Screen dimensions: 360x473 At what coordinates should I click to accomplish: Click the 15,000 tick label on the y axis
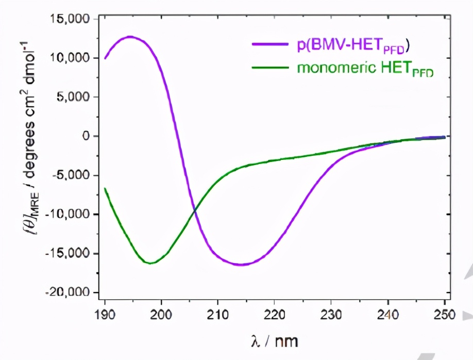70,19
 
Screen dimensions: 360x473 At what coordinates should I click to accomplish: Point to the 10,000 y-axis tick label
70,58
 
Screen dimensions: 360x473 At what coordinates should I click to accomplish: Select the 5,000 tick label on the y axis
73,97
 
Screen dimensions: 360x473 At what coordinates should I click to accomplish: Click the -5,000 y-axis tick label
71,175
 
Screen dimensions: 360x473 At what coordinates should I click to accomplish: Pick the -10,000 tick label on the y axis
69,215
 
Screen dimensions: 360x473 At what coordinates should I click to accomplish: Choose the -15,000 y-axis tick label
69,254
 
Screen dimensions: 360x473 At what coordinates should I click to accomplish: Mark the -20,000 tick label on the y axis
69,292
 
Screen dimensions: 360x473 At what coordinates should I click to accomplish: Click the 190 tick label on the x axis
105,314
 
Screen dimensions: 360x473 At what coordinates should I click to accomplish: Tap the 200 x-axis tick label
161,314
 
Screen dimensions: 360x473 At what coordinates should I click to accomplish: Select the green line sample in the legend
269,68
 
